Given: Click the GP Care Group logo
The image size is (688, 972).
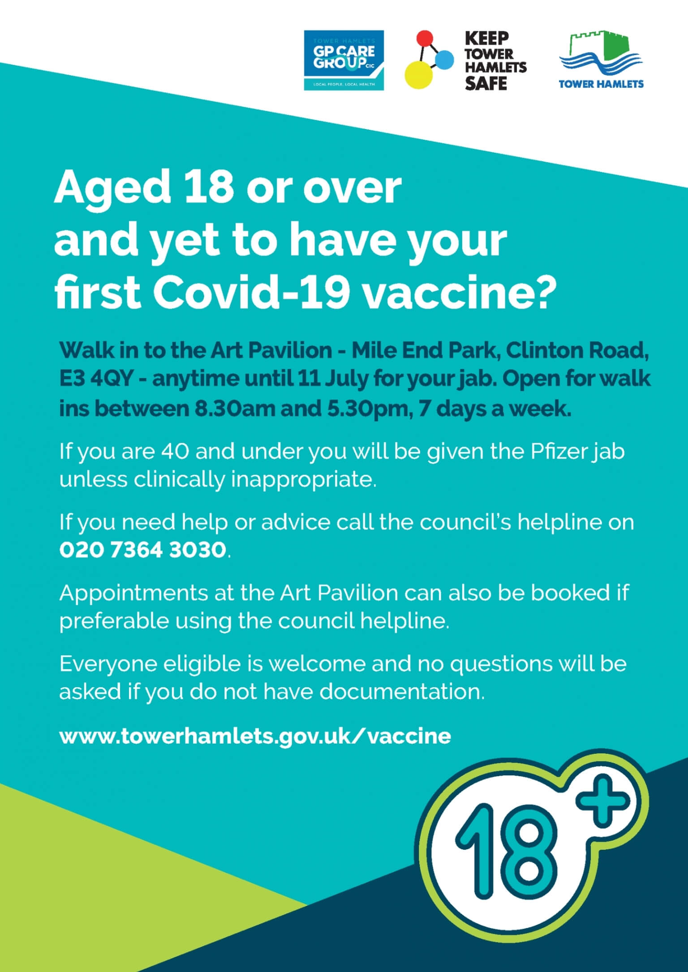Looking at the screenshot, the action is pyautogui.click(x=344, y=60).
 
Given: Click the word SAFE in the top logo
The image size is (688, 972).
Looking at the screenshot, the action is pyautogui.click(x=486, y=83).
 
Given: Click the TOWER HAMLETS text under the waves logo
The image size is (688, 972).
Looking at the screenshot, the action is pyautogui.click(x=602, y=84).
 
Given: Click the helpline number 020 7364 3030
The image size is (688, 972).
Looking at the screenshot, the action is pyautogui.click(x=142, y=550).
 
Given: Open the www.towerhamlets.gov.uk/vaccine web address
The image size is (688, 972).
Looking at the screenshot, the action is pyautogui.click(x=255, y=736).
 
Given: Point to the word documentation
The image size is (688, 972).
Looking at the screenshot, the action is pyautogui.click(x=402, y=692).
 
